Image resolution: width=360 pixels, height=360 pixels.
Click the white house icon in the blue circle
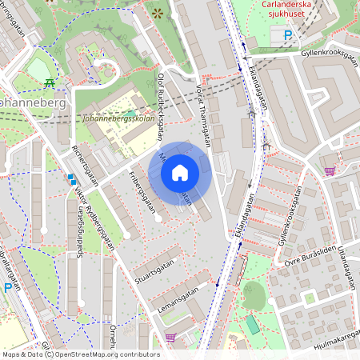180,173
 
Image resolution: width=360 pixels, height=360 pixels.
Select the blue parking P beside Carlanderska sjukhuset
287,35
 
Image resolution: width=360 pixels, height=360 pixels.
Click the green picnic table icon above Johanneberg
50,82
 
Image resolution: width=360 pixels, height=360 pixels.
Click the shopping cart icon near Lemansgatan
170,338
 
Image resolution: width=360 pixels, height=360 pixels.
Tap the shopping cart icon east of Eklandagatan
330,170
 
